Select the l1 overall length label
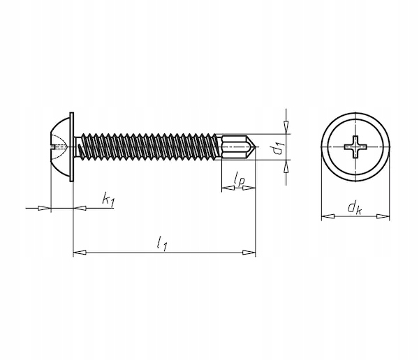tap(162, 243)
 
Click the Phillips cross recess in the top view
tap(355, 147)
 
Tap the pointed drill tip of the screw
tap(258, 147)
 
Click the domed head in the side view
tap(60, 147)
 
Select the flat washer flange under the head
tap(72, 147)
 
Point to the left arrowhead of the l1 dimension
tap(80, 253)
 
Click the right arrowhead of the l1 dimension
tap(249, 253)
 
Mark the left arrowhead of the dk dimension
tap(328, 216)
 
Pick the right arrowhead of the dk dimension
tap(383, 216)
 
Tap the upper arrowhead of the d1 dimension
tap(286, 127)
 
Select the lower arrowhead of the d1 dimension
tap(286, 167)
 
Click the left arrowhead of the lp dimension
tap(228, 188)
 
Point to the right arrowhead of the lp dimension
tap(249, 188)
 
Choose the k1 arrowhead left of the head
tap(45, 208)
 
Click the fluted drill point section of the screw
tap(236, 147)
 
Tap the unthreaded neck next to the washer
tap(77, 147)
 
